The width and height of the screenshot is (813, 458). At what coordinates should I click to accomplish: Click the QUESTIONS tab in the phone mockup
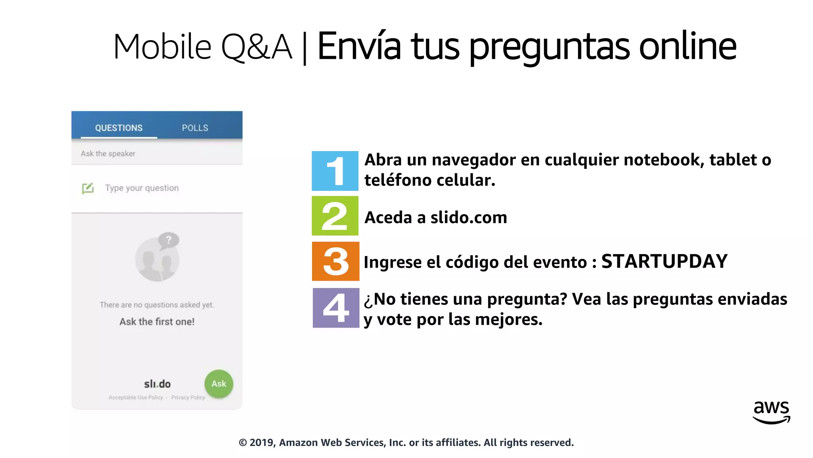(119, 128)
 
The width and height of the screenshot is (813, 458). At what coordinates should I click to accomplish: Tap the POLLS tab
(195, 128)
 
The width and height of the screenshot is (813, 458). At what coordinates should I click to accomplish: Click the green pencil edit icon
(88, 188)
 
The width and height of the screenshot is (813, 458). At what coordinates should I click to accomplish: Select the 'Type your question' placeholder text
(142, 188)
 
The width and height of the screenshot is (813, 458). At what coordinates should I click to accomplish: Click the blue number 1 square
(335, 171)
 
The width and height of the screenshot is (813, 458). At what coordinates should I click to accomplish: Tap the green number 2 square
(335, 216)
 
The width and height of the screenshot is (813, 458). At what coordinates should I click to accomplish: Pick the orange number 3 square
(335, 261)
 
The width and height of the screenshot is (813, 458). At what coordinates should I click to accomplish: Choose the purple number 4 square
(336, 308)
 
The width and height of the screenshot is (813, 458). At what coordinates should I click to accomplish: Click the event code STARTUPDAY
(664, 262)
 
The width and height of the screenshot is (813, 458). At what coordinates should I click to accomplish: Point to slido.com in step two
(468, 217)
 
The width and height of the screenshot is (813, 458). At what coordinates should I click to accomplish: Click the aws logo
(771, 412)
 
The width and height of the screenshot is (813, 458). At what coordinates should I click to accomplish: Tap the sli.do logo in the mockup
(157, 384)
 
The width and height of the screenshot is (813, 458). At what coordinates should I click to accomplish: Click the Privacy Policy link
(188, 398)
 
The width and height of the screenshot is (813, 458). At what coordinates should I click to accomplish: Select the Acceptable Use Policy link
(136, 398)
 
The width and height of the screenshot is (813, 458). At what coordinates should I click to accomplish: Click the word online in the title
(688, 47)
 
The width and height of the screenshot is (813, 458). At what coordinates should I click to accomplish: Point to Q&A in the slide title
(256, 47)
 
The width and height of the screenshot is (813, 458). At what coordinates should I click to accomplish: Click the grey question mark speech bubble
(169, 240)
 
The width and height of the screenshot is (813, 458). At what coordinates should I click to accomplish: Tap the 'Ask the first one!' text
(157, 322)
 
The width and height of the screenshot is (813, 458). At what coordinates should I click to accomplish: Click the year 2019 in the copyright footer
(261, 442)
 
